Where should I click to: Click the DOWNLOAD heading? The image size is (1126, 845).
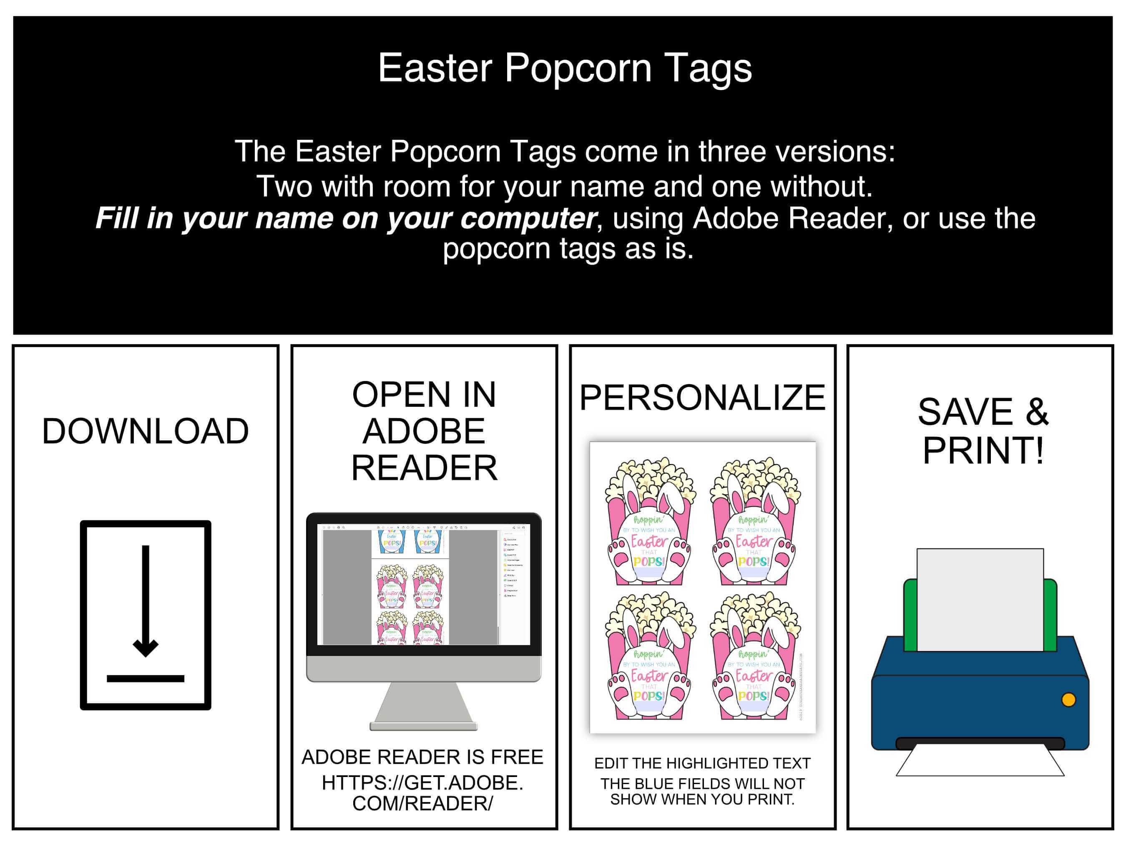[x=145, y=431]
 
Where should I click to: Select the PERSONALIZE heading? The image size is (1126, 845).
[x=702, y=397]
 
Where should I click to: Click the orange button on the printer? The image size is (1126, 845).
[x=1068, y=700]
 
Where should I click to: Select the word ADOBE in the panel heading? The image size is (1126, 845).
[x=424, y=431]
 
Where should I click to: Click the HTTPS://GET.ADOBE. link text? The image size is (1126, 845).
[x=422, y=783]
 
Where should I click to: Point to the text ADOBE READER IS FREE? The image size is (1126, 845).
[x=422, y=757]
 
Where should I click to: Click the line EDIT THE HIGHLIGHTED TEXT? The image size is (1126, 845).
[x=702, y=764]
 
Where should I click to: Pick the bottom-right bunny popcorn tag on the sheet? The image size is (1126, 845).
[x=754, y=656]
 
